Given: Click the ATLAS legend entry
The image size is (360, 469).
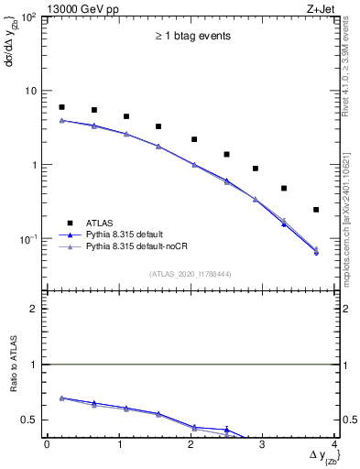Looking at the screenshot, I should (100, 222).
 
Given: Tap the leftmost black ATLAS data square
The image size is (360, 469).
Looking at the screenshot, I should (61, 107).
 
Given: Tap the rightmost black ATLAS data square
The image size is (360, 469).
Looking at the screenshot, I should (316, 210).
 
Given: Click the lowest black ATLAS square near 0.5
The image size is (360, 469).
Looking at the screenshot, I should (284, 188).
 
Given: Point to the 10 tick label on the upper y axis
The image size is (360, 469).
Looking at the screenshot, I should (32, 91).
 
